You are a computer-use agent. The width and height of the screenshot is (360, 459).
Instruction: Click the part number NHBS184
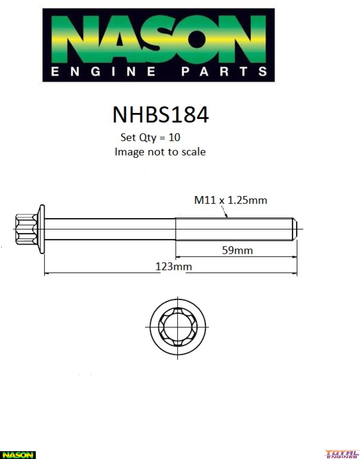(161, 115)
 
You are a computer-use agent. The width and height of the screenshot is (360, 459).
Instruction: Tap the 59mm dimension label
(238, 251)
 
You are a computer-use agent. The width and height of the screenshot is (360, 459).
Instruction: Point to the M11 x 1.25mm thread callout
(231, 200)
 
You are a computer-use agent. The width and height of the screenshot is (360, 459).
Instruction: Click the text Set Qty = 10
(150, 137)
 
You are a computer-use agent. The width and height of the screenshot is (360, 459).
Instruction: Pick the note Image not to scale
(160, 151)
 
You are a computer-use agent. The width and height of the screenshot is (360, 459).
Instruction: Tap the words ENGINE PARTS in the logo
(158, 72)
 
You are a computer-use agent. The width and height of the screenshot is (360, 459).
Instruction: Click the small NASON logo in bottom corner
(17, 454)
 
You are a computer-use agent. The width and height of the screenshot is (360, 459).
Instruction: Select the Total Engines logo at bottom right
(342, 454)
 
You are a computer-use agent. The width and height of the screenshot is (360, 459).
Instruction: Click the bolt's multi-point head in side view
(26, 229)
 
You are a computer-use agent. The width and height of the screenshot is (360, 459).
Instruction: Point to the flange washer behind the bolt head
(41, 229)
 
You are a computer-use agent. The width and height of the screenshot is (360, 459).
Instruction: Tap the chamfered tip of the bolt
(295, 229)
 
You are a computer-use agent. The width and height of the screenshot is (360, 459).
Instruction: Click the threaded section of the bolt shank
(234, 229)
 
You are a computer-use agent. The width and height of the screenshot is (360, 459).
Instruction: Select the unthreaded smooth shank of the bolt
(110, 229)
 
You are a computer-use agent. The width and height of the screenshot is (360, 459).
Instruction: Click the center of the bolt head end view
(177, 326)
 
